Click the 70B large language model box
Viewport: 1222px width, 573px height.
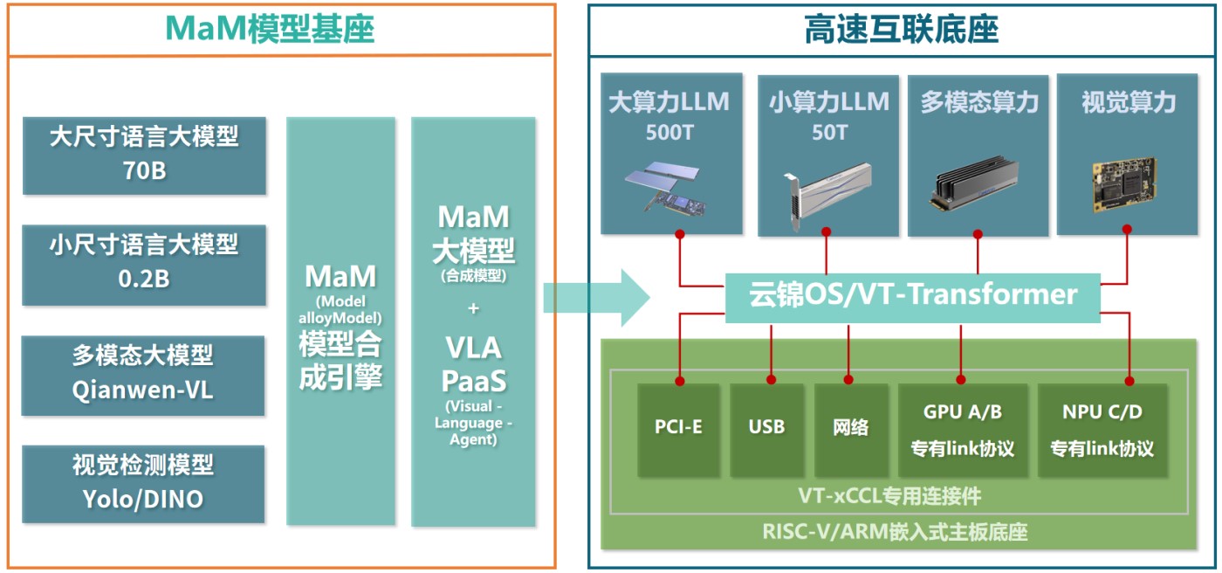tap(144, 155)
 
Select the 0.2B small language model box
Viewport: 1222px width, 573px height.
tap(144, 265)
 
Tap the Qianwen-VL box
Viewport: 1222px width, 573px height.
tap(143, 376)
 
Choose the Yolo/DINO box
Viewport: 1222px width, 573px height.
tap(143, 484)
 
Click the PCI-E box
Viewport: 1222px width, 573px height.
tap(679, 430)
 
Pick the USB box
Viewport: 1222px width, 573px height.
tap(766, 430)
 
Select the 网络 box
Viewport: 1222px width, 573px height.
tap(850, 430)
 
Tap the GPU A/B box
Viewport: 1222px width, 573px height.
tap(963, 430)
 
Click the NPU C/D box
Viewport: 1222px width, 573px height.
tap(1102, 430)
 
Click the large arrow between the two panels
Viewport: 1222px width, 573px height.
tap(596, 298)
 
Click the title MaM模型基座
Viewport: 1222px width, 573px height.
tap(270, 28)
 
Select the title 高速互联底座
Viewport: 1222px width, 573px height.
tap(901, 29)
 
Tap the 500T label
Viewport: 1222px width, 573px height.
tap(669, 133)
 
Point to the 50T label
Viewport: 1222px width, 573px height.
tap(829, 133)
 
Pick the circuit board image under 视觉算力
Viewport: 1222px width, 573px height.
tap(1124, 184)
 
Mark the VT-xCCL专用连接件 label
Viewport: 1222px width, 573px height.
tap(889, 496)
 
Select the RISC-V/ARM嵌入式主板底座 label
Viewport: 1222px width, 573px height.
tap(895, 532)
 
